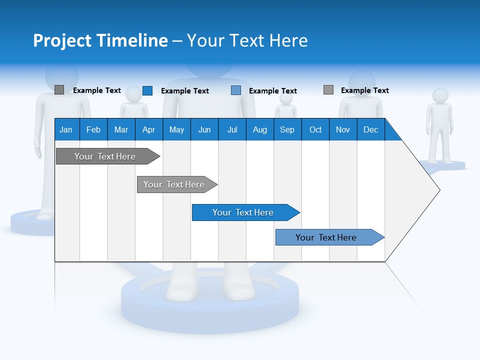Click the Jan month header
[x=66, y=129]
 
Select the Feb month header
[x=93, y=129]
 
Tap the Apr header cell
[x=148, y=129]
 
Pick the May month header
[x=176, y=129]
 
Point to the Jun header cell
[x=204, y=129]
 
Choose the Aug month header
[x=259, y=129]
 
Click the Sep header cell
[x=287, y=129]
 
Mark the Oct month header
[x=315, y=129]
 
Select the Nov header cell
[x=343, y=129]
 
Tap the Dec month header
[x=371, y=129]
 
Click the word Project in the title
[x=62, y=40]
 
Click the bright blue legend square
[x=147, y=90]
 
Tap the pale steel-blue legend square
[x=236, y=90]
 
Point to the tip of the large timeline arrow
[x=438, y=190]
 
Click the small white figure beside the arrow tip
[x=439, y=125]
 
